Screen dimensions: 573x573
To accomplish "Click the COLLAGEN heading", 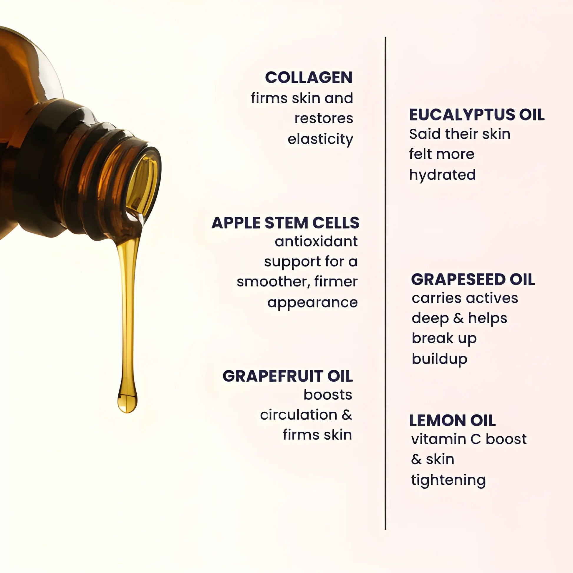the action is tap(309, 78).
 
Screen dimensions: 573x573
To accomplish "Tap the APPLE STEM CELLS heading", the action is tap(285, 223).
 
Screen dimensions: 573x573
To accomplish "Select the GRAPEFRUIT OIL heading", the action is tap(288, 376).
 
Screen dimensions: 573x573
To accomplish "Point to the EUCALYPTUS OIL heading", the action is tap(477, 115).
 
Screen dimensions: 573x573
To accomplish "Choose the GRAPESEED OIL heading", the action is tap(473, 279).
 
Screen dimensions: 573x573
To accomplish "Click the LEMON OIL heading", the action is tap(452, 420).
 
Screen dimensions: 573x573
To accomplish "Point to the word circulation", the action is tap(299, 415).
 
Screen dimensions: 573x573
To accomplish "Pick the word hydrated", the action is tap(442, 175).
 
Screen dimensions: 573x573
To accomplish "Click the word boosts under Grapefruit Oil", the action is tap(328, 395).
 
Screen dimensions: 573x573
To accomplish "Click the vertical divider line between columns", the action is tap(385, 283).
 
